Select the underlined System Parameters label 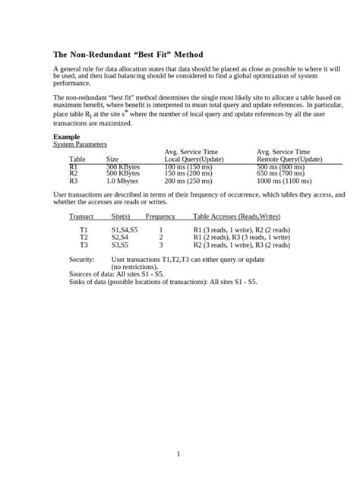point(80,144)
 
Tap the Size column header point(112,159)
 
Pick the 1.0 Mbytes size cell point(123,181)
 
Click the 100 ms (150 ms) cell point(190,166)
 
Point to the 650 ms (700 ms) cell point(281,173)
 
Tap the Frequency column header point(160,216)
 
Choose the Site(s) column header point(121,216)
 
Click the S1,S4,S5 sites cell point(125,229)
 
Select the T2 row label point(84,237)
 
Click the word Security point(83,259)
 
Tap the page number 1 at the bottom point(178,453)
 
